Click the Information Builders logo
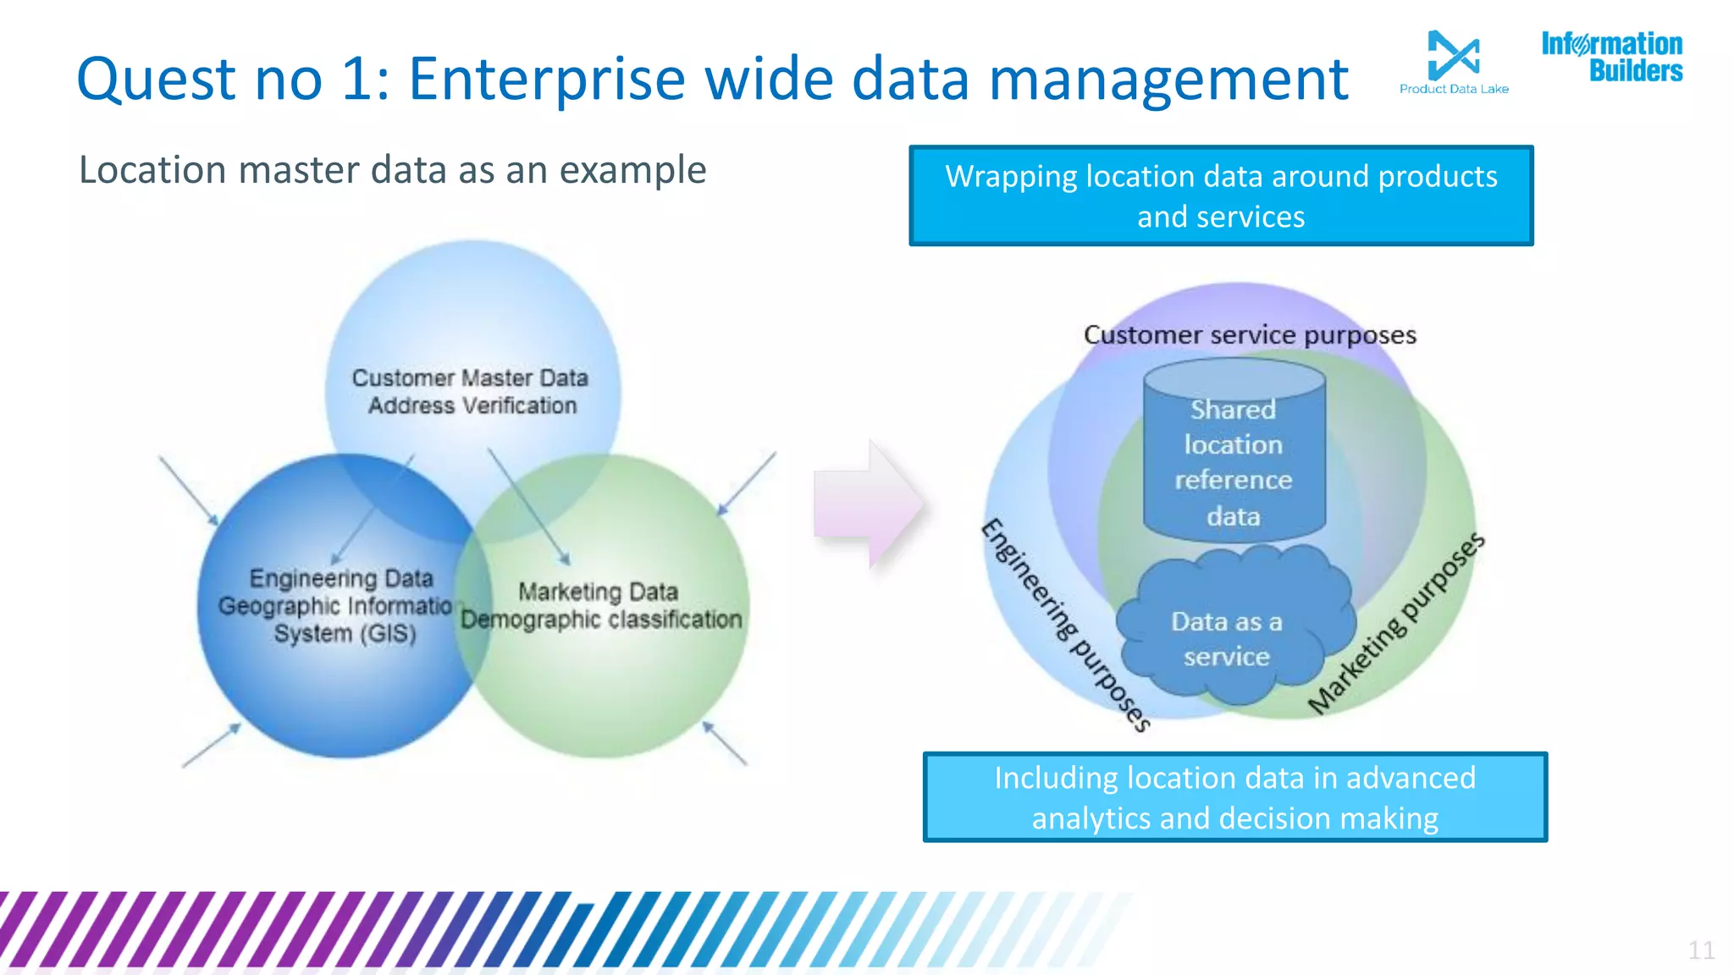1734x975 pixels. click(1611, 57)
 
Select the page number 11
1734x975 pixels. click(1701, 950)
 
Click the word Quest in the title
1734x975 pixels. click(156, 79)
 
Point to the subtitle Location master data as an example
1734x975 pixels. click(392, 169)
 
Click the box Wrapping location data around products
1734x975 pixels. click(1220, 196)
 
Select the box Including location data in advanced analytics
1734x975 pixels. click(1234, 797)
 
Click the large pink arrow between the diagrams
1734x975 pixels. click(868, 504)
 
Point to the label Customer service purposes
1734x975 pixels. click(1250, 335)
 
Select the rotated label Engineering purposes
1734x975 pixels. click(1064, 625)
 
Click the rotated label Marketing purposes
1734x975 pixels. click(1396, 623)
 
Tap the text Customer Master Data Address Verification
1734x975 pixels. click(471, 391)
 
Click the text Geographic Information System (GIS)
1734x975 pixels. click(339, 620)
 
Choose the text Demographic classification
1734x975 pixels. click(601, 620)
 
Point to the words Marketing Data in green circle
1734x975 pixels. click(598, 591)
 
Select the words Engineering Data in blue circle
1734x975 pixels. click(341, 578)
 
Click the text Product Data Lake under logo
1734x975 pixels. click(1453, 89)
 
